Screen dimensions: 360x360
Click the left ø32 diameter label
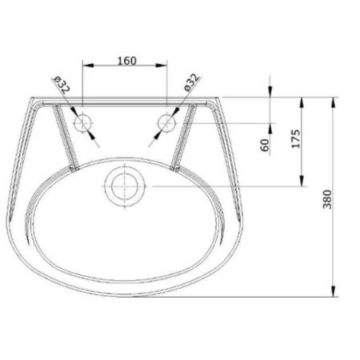61,86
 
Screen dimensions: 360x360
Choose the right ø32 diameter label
190,86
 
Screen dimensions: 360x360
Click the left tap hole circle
83,124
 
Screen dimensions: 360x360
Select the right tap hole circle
166,124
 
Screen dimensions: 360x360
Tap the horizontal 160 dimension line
125,67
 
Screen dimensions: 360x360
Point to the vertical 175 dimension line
302,160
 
